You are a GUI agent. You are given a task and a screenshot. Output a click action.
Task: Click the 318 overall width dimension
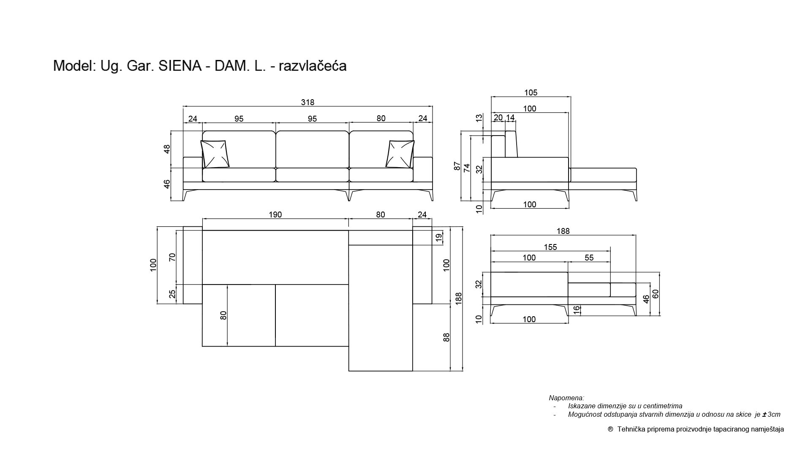click(308, 102)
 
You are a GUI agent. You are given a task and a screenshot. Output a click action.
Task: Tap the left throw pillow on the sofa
click(215, 154)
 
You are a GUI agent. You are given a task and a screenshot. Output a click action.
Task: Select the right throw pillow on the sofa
click(400, 154)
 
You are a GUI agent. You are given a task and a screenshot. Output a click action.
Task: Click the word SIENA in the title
click(180, 66)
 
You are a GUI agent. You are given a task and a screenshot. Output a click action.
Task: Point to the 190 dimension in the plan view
click(275, 214)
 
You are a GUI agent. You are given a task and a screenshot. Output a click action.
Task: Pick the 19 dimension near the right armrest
click(439, 238)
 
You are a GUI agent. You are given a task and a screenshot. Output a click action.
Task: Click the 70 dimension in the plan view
click(172, 257)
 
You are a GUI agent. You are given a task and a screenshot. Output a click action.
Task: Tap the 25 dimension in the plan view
click(172, 294)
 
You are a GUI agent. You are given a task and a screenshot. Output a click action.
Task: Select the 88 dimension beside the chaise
click(446, 337)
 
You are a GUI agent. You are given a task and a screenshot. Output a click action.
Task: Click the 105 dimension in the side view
click(531, 92)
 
